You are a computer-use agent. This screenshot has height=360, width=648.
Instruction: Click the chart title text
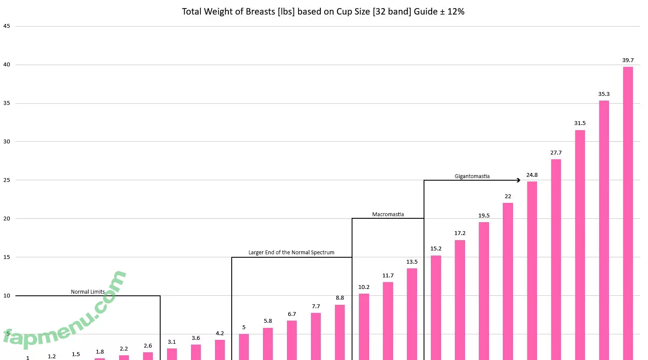coord(323,12)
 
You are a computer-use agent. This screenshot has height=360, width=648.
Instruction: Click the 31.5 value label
coord(579,123)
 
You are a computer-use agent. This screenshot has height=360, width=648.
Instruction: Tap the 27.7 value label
coord(555,153)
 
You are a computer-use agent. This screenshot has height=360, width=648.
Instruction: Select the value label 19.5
coord(484,216)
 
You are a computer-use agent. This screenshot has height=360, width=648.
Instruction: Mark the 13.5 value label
coord(412,262)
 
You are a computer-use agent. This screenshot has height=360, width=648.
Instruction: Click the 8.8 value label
coord(340,298)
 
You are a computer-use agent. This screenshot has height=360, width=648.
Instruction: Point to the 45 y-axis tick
coord(6,26)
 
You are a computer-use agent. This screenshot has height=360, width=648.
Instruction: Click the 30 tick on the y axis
coord(6,142)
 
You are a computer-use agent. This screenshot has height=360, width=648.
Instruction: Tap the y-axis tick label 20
coord(6,219)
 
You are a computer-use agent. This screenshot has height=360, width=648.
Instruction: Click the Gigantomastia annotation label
coord(472,176)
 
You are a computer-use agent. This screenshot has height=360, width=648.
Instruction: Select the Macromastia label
coord(388,214)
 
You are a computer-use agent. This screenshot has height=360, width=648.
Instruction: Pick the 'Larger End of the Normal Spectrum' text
coord(291,253)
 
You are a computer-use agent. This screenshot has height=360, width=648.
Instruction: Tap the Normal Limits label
coord(88,292)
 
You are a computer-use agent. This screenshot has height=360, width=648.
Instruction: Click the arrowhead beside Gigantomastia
coord(518,180)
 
